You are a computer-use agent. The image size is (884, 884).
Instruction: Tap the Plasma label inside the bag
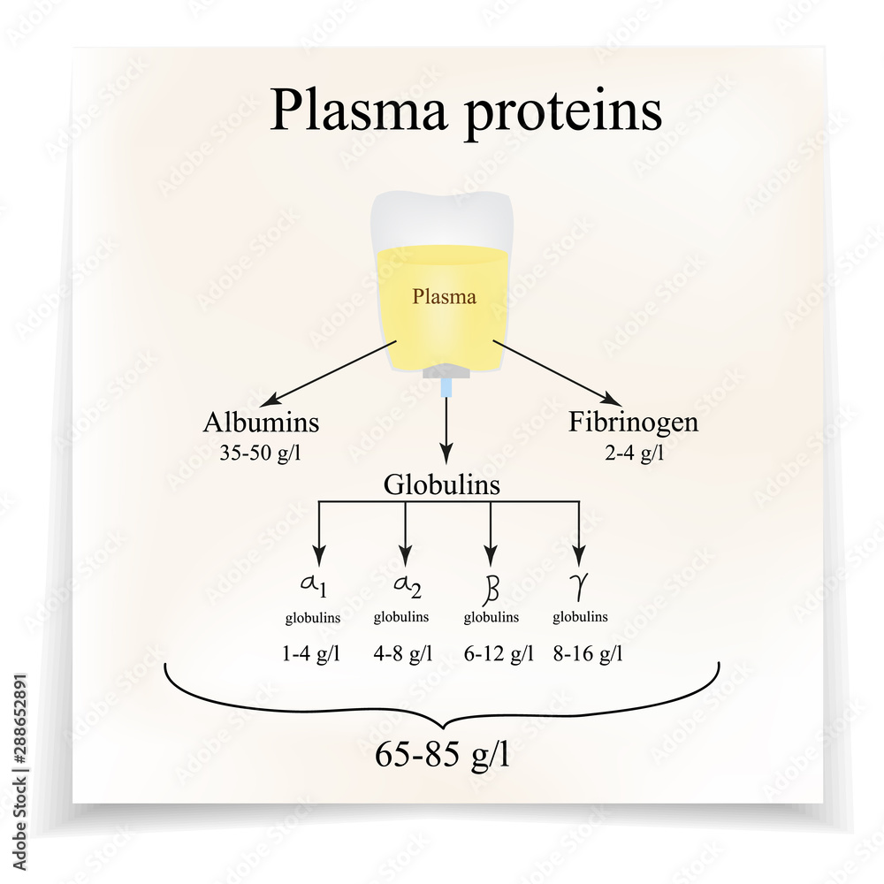[444, 297]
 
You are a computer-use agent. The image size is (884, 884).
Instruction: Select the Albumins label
[261, 423]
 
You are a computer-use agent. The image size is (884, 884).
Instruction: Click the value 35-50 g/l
[262, 453]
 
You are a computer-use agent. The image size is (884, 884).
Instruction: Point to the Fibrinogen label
[633, 423]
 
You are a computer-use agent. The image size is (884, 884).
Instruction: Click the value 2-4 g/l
[634, 453]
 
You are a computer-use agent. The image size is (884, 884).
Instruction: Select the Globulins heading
[442, 484]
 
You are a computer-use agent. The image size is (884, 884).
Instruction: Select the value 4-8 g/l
[402, 654]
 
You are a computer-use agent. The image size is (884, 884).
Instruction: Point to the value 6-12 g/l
[499, 654]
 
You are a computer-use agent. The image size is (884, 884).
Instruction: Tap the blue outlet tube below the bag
[446, 386]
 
